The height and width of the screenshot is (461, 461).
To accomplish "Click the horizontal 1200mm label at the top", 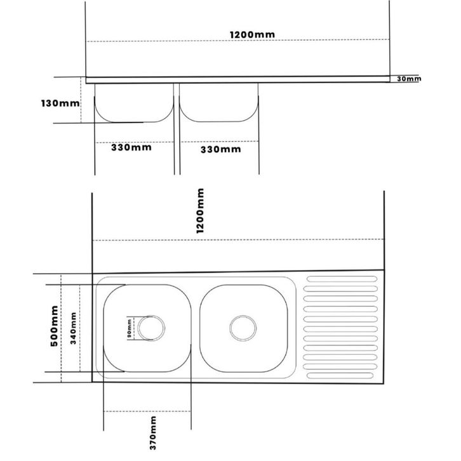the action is [252, 34].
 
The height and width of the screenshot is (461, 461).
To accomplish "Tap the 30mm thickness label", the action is [409, 79].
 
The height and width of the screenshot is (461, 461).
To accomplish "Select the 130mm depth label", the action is [60, 104].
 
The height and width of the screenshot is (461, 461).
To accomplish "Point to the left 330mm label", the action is [131, 147].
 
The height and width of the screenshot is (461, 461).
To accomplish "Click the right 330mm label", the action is [221, 149].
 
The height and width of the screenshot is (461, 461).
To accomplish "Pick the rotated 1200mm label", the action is [200, 211].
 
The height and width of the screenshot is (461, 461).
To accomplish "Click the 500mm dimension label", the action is [55, 326].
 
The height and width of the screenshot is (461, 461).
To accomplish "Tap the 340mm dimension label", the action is [73, 328].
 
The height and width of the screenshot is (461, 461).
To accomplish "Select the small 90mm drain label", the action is [130, 328].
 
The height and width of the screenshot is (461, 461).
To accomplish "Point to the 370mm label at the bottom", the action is [153, 433].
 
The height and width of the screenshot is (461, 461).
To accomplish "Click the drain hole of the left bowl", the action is [151, 328].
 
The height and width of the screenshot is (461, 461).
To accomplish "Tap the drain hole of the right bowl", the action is [243, 328].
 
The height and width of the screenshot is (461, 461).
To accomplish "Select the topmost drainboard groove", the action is [342, 279].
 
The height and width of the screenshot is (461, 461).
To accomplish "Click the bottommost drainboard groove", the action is [340, 375].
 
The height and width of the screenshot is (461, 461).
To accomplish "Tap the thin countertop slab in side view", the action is [238, 79].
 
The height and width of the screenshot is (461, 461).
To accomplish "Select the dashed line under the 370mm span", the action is [147, 411].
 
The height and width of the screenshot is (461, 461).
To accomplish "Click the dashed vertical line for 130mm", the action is [81, 100].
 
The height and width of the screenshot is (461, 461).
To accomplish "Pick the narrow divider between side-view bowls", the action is [177, 129].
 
